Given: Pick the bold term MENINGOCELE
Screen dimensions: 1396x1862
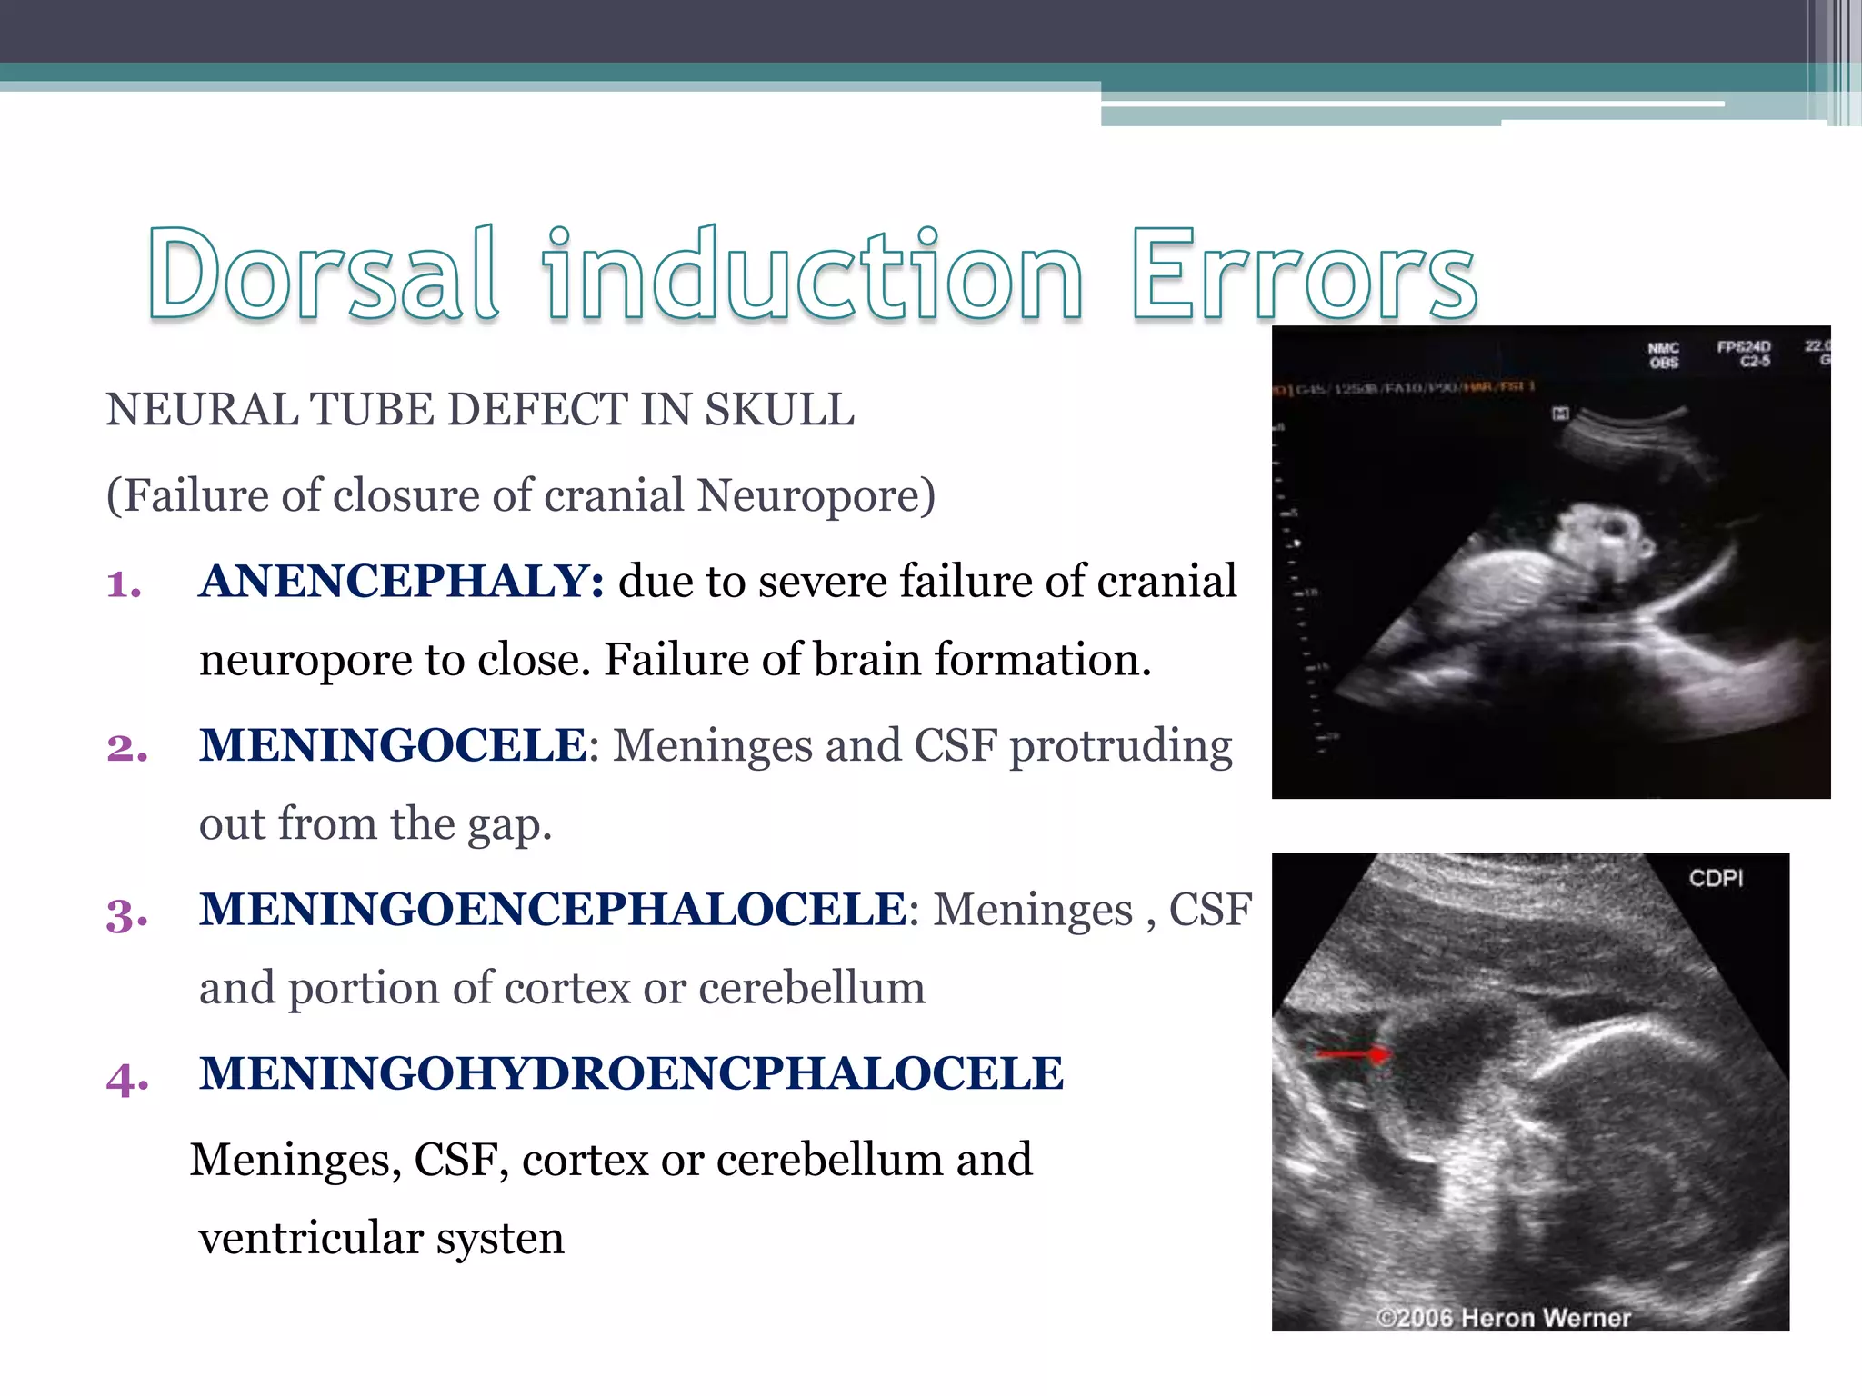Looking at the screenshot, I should (393, 745).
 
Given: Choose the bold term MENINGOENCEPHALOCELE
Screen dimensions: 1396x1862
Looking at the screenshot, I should (553, 910).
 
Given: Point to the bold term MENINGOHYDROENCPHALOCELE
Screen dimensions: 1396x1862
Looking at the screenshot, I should (631, 1073).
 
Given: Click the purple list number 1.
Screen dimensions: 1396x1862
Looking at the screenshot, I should (124, 584).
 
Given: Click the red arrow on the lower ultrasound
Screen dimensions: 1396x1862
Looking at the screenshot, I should (1355, 1054).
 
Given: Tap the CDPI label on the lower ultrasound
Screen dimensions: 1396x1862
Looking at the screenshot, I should (1716, 878).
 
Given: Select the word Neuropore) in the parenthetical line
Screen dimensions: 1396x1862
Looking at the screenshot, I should (816, 496).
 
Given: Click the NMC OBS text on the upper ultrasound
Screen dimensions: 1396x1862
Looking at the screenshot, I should (1663, 355).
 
